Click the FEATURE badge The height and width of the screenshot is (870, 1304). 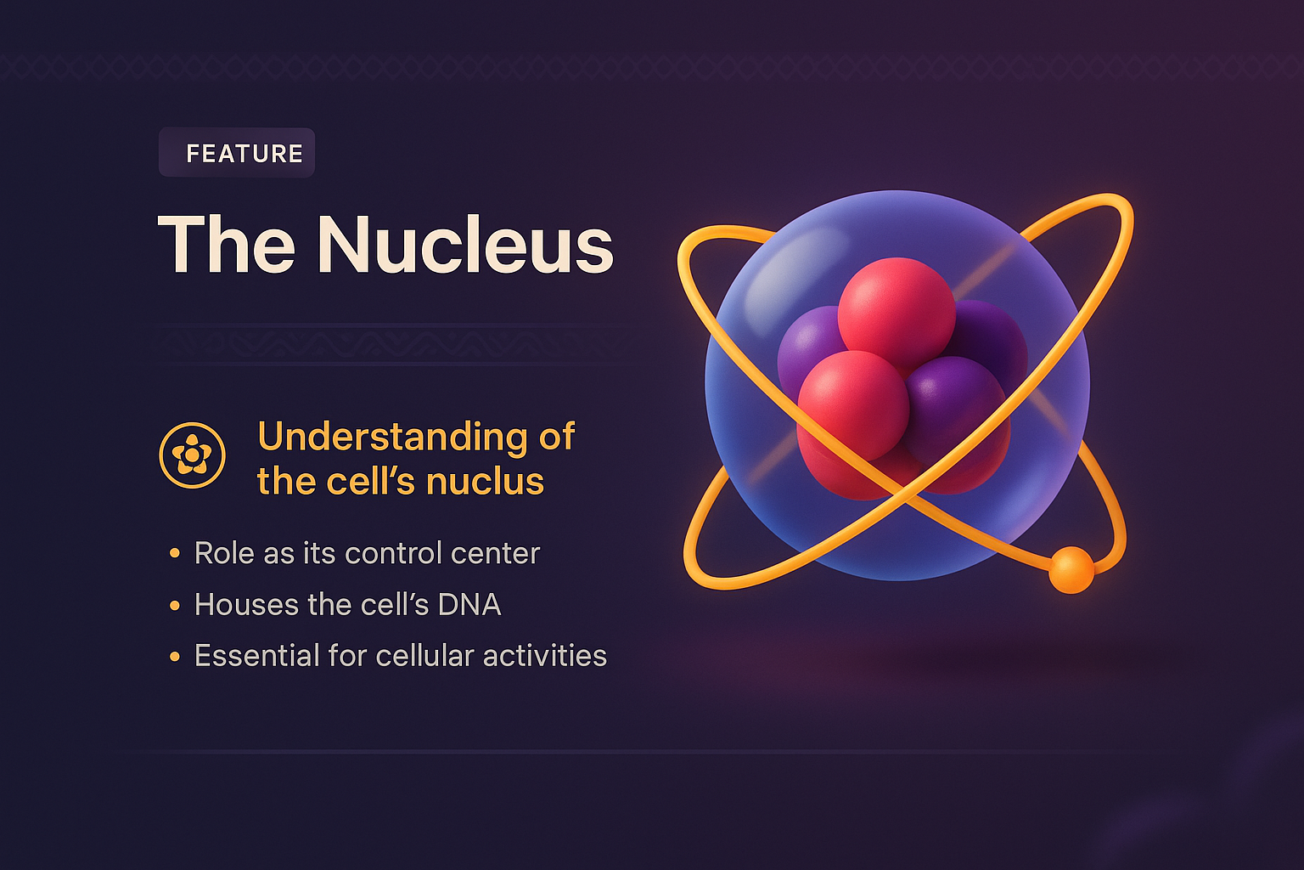237,153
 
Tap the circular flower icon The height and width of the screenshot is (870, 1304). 193,455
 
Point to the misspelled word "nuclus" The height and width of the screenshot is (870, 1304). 485,482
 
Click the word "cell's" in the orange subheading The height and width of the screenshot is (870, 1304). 373,482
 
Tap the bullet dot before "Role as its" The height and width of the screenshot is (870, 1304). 175,554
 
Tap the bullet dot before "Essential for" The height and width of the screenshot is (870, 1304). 175,656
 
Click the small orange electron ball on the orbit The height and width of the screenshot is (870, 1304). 1071,569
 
